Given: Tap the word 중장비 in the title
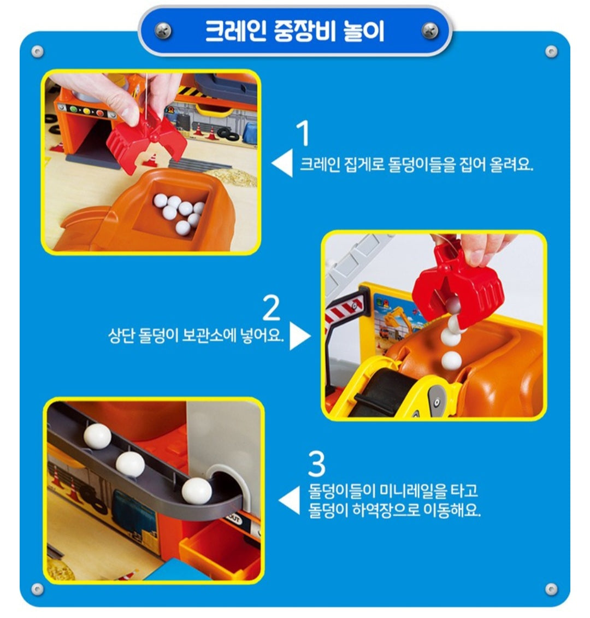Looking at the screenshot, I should click(x=300, y=31).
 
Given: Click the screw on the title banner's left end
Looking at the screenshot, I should click(x=162, y=31).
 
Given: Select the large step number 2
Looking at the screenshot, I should click(x=272, y=308).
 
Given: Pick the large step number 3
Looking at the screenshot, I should click(x=316, y=464).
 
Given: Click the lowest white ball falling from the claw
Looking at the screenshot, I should click(x=451, y=360).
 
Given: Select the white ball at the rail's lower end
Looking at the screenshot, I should click(x=197, y=490).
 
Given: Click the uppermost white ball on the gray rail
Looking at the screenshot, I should click(x=98, y=437).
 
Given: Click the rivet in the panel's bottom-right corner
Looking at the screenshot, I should click(x=551, y=589).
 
